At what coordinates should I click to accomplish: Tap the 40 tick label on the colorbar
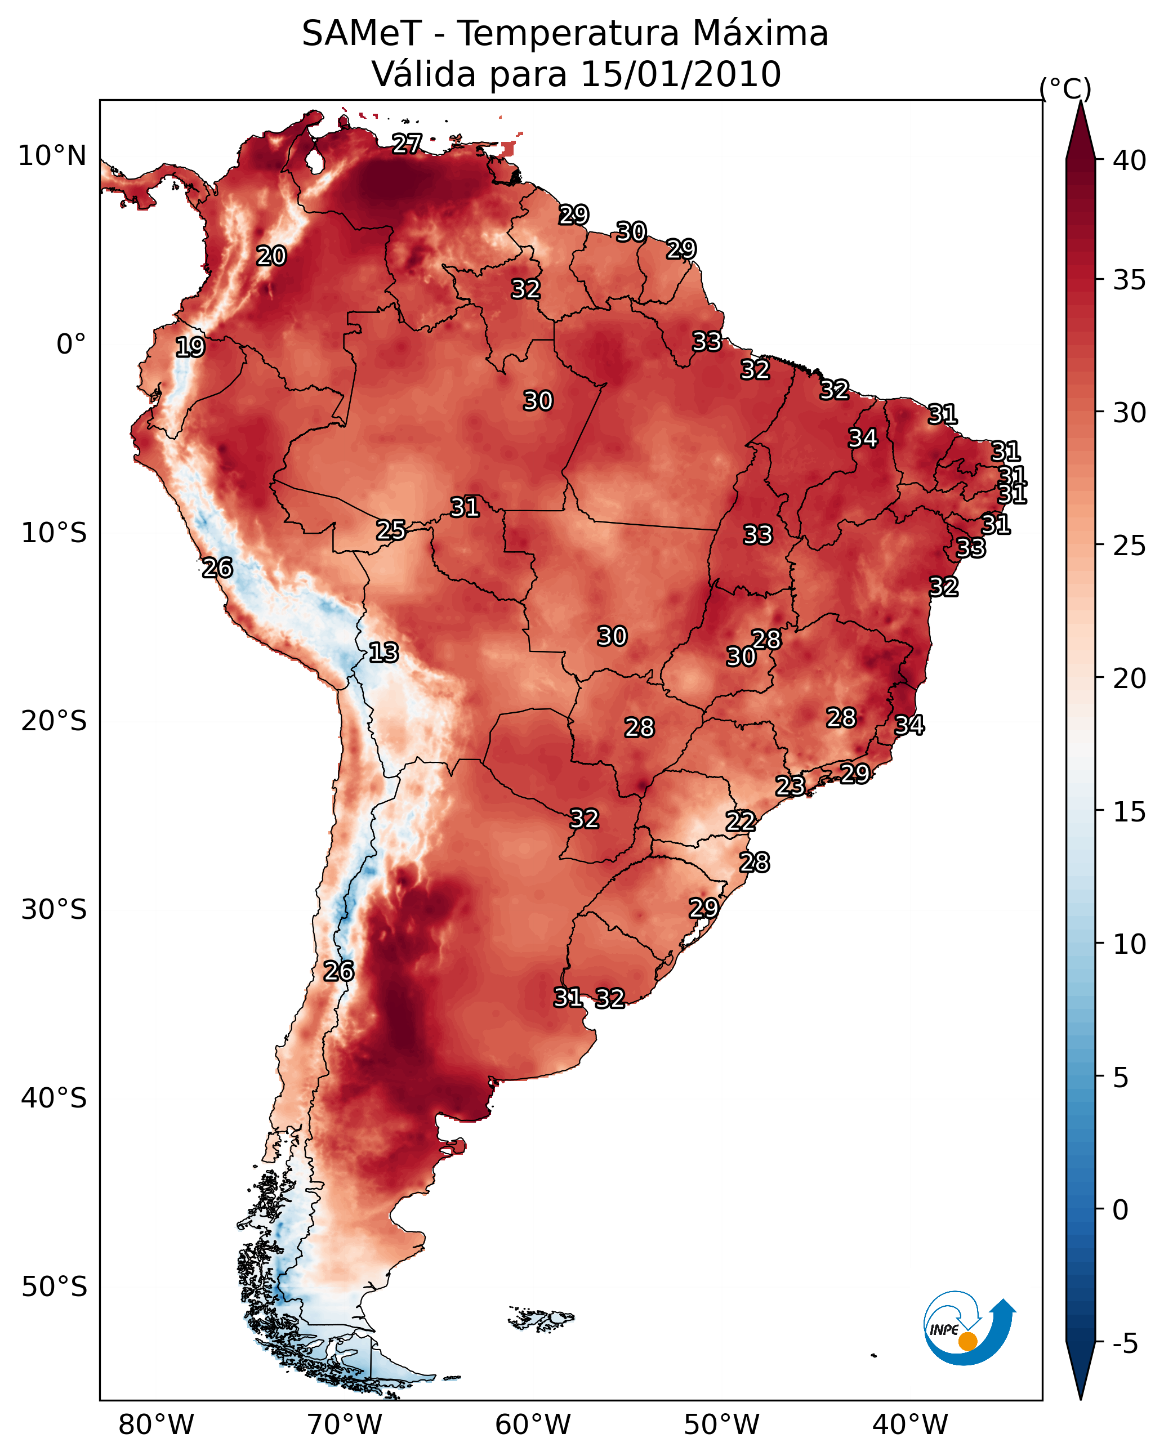1130,160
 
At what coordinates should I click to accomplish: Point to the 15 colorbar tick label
1130,812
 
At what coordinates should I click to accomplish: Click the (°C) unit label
1065,88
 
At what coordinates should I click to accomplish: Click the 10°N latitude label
52,156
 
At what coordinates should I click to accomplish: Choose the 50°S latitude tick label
54,1287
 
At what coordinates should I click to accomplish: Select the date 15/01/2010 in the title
680,74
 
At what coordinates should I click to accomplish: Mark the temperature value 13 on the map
383,653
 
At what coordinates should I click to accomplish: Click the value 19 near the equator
190,347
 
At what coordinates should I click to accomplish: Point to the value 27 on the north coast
407,143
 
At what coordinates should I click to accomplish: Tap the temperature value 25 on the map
391,530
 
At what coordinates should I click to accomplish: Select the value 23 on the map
790,785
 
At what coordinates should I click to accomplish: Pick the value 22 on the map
741,821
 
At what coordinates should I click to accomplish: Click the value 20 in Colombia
271,256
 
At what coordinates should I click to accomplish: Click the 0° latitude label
71,345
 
